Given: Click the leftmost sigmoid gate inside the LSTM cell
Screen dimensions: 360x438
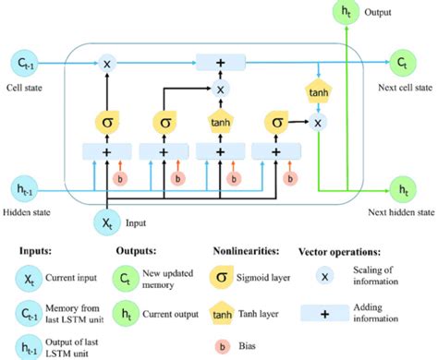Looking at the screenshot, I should (x=107, y=121).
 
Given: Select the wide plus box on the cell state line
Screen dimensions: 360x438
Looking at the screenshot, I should (x=220, y=64).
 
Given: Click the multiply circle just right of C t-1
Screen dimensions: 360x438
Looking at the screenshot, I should (x=107, y=64).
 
